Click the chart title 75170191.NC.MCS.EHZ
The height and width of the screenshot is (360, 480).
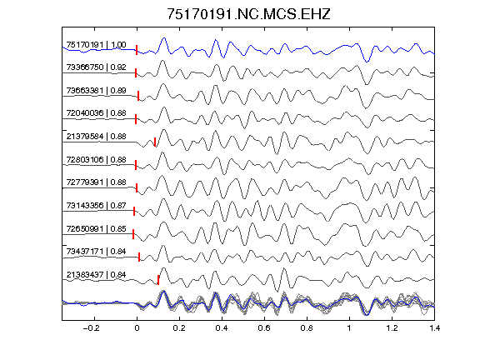(248, 14)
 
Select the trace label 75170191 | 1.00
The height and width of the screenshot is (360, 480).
(96, 45)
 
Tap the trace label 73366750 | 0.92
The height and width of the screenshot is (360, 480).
(96, 67)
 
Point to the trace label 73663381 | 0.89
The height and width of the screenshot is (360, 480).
(96, 90)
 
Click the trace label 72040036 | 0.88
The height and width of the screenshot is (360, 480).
(96, 113)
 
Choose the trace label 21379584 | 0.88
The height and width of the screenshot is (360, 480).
(96, 136)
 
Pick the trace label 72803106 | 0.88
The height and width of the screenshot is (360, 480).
(96, 159)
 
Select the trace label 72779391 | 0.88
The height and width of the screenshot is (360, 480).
(96, 182)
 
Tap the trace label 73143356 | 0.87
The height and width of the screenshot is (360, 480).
(96, 205)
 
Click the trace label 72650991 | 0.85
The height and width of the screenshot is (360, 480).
(96, 228)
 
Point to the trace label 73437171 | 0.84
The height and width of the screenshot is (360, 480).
(96, 252)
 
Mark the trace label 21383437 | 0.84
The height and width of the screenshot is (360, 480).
(96, 275)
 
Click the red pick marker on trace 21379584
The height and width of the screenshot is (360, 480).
(155, 142)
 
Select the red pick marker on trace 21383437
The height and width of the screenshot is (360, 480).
(158, 280)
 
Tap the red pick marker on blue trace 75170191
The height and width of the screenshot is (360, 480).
(137, 50)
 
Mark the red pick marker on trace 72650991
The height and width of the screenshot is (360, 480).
(133, 234)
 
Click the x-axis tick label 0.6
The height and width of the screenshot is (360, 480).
(264, 328)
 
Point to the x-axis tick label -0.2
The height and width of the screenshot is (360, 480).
(91, 328)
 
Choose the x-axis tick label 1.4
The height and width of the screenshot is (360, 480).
(434, 328)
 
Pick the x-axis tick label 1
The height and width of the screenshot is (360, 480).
(349, 328)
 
